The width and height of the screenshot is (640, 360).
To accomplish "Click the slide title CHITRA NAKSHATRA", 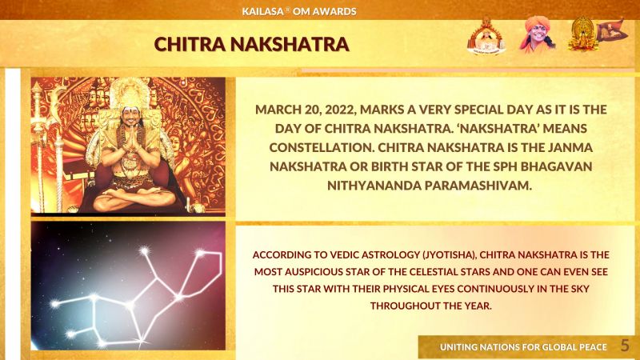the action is click(251, 44).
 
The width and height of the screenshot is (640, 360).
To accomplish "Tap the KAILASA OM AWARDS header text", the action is click(298, 11).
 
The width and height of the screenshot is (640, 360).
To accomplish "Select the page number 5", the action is click(625, 346).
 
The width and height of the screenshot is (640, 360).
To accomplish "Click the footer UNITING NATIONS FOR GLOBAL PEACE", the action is click(523, 347).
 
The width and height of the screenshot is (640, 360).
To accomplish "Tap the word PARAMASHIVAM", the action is click(478, 186).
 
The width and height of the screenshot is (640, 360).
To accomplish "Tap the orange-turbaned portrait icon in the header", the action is click(536, 34).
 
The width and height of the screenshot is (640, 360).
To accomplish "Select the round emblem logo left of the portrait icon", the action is click(486, 37).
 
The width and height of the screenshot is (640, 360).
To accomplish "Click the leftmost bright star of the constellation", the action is click(54, 304).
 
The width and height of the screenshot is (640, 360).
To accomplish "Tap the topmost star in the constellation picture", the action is click(144, 251).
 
